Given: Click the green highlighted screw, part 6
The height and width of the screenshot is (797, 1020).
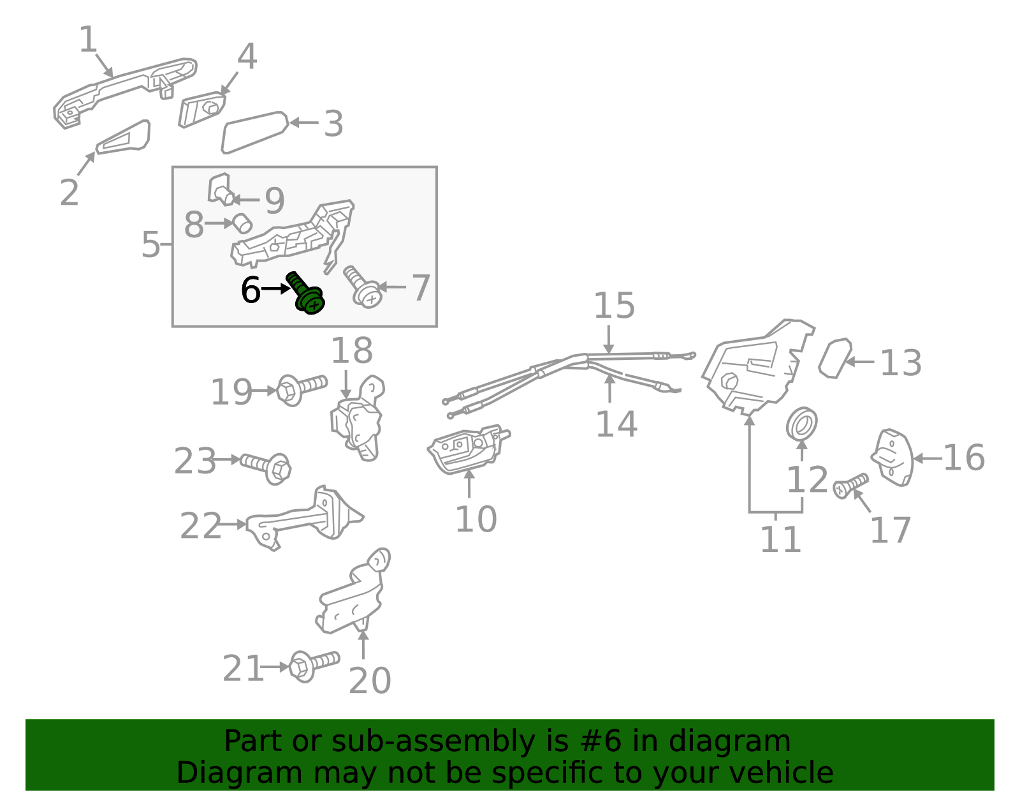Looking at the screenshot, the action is point(305,294).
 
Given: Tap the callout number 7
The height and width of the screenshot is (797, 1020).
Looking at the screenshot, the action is point(421,288).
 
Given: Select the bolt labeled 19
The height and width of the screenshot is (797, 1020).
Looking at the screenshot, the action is point(302,389).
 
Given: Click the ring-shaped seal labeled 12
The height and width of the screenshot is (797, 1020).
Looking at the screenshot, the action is point(801,424).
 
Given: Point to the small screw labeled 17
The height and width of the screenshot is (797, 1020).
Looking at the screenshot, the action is point(850,486).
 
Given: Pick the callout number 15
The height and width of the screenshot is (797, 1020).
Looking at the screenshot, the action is point(614,305).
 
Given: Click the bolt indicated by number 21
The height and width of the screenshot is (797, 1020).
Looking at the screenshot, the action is point(314,666).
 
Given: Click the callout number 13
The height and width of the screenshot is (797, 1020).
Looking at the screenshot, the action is point(900,362).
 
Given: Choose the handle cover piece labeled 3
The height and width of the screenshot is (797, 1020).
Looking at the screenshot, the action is point(254,133).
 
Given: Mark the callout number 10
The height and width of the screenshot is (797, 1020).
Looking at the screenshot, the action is point(476,519).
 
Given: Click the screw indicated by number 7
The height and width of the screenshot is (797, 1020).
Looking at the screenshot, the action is point(363,287).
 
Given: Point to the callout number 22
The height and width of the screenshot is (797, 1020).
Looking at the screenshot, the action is point(200,526).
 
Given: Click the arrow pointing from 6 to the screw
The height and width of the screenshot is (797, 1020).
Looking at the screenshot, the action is point(275,288).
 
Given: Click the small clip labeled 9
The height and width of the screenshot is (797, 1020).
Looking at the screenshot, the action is point(221,190).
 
